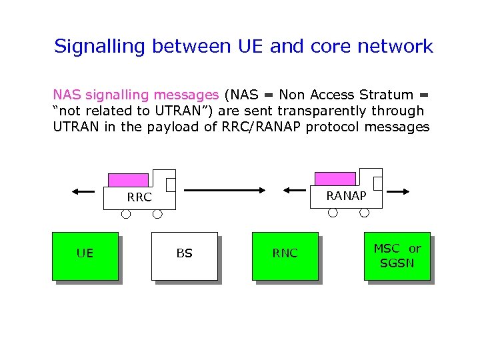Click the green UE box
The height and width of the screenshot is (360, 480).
pyautogui.click(x=85, y=255)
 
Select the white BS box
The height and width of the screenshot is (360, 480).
pyautogui.click(x=185, y=255)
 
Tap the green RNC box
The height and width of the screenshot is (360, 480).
pyautogui.click(x=285, y=255)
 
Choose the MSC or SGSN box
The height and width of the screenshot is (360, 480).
pyautogui.click(x=397, y=255)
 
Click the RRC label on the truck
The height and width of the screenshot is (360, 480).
pyautogui.click(x=139, y=197)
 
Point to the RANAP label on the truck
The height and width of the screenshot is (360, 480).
pyautogui.click(x=346, y=196)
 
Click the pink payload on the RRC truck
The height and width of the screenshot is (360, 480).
pyautogui.click(x=128, y=179)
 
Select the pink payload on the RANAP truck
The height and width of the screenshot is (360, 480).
pyautogui.click(x=335, y=179)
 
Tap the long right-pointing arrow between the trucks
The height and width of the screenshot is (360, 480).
pyautogui.click(x=224, y=191)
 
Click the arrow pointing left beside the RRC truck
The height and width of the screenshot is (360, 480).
pyautogui.click(x=84, y=191)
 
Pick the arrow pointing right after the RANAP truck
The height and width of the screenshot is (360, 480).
pyautogui.click(x=399, y=191)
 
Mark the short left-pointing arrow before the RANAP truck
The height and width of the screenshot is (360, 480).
pyautogui.click(x=295, y=191)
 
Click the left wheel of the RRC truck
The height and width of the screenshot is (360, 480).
pyautogui.click(x=125, y=214)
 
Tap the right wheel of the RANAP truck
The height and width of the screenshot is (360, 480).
pyautogui.click(x=365, y=213)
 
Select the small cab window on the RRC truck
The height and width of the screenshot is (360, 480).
pyautogui.click(x=171, y=185)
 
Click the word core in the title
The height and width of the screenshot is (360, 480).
pyautogui.click(x=335, y=47)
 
